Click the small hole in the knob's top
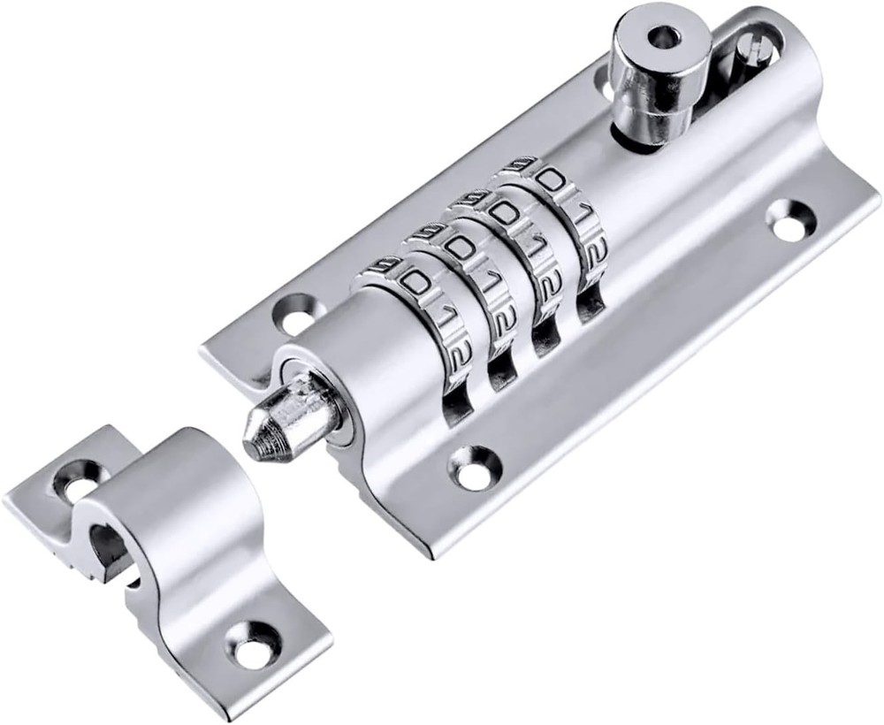[664, 36]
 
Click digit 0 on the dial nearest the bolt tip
[414, 282]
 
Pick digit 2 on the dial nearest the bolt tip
[455, 358]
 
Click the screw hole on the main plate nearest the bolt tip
[298, 310]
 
